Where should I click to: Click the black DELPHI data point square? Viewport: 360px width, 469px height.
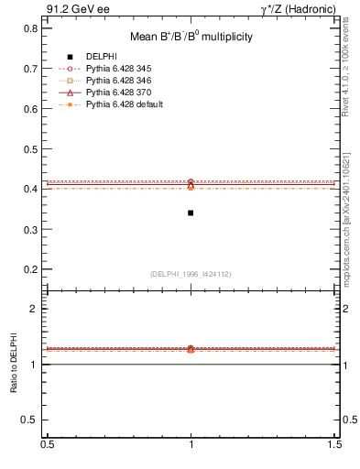191,213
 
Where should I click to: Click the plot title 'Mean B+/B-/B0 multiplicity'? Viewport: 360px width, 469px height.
190,37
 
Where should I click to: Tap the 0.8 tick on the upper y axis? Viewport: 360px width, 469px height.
30,28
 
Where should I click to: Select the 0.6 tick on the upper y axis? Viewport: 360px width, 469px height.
30,108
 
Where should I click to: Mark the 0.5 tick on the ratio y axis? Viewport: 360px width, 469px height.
30,420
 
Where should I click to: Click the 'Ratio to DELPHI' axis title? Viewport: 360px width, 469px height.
14,365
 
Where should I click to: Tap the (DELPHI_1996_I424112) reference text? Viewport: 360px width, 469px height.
191,273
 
